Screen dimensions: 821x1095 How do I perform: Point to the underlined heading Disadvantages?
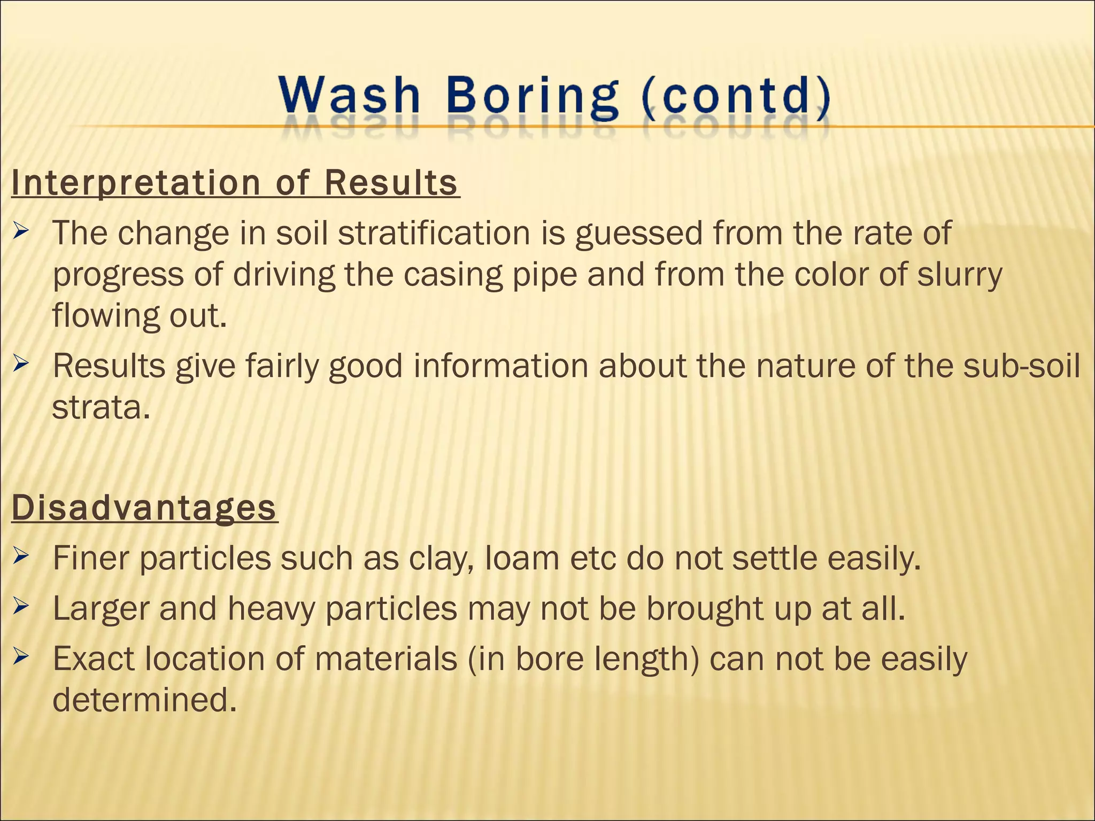pyautogui.click(x=144, y=508)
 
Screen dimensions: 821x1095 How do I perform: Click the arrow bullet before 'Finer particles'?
pyautogui.click(x=21, y=557)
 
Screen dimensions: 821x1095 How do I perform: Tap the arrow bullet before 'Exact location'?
pyautogui.click(x=21, y=657)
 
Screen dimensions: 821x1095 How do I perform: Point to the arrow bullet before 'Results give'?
pyautogui.click(x=21, y=365)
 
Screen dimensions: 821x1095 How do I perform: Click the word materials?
pyautogui.click(x=385, y=659)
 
